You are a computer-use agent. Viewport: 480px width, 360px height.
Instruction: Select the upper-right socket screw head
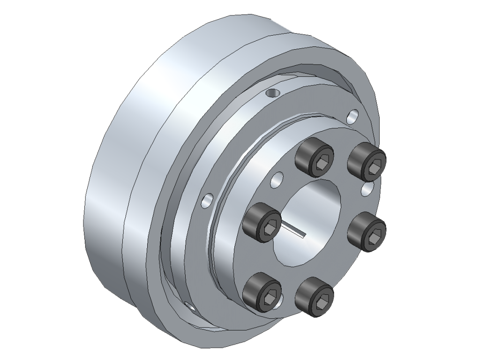tap(367, 161)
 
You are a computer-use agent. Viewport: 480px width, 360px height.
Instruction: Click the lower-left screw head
tap(262, 292)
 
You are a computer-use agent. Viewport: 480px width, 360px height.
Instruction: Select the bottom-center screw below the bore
tap(314, 296)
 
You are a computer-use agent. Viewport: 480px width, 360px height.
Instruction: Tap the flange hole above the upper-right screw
tap(353, 115)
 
